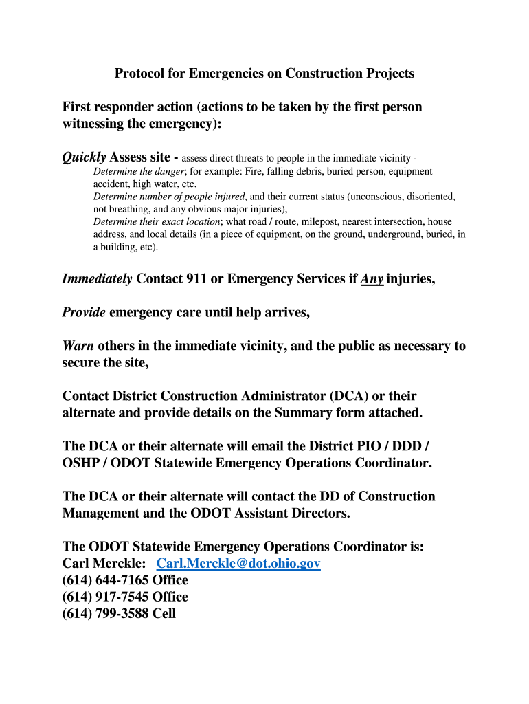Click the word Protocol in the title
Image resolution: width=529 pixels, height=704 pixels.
coord(139,73)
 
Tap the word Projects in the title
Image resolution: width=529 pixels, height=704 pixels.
coord(390,73)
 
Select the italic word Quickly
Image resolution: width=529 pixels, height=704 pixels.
coord(84,157)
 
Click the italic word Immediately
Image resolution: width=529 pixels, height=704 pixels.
coord(97,279)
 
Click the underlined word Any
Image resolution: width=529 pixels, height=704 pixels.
coord(372,279)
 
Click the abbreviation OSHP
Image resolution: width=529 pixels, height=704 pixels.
coord(81,463)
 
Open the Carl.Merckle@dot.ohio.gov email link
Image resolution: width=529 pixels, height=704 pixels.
coord(238,564)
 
